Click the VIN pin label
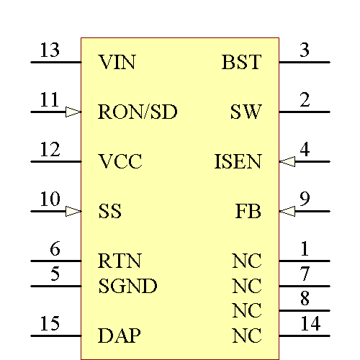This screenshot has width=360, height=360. (x=117, y=63)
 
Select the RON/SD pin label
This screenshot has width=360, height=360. (x=138, y=112)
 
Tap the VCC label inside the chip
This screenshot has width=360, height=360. (x=120, y=162)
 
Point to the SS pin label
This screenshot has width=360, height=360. (x=109, y=212)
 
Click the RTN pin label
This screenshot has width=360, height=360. (x=120, y=261)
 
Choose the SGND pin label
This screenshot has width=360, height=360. (x=127, y=287)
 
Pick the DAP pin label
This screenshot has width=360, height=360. (x=120, y=336)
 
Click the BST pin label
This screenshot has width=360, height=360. (x=241, y=63)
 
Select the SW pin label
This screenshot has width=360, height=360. (x=246, y=112)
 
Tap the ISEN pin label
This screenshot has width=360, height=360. (x=238, y=162)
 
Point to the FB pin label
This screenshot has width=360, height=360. (x=248, y=212)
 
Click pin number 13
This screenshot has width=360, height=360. (x=50, y=51)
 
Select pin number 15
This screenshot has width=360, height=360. (x=50, y=325)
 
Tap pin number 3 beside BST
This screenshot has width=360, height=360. (x=305, y=51)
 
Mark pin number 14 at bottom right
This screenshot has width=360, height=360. (x=310, y=325)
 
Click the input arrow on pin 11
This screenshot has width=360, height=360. (x=73, y=112)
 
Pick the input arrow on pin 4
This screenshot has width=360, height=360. (x=287, y=161)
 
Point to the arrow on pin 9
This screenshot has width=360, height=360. (x=287, y=211)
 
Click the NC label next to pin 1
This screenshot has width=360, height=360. (x=247, y=261)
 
